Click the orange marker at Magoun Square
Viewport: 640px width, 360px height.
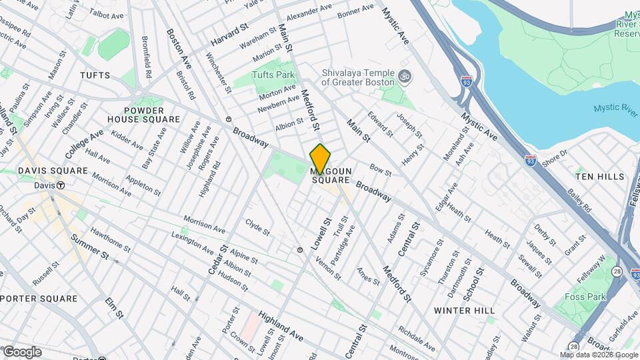[320, 159]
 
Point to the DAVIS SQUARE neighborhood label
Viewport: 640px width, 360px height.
[53, 171]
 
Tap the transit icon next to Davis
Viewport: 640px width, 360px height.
[61, 185]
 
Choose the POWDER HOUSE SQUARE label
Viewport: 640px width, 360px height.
[152, 115]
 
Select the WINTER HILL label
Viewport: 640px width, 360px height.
[464, 311]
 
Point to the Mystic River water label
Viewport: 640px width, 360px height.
[617, 110]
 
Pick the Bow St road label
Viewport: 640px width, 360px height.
[380, 172]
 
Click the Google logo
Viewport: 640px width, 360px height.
[22, 351]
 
